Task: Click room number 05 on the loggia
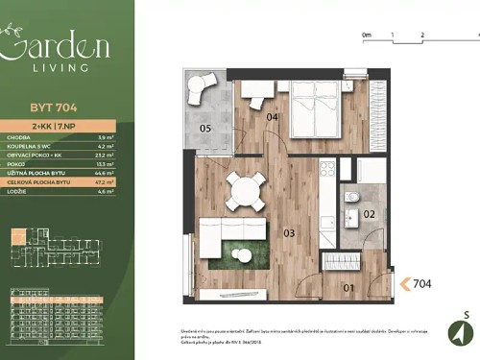(204, 128)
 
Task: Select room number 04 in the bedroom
(273, 117)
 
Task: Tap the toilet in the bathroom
(352, 198)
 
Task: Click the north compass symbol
(460, 332)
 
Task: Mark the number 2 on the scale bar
(422, 34)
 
